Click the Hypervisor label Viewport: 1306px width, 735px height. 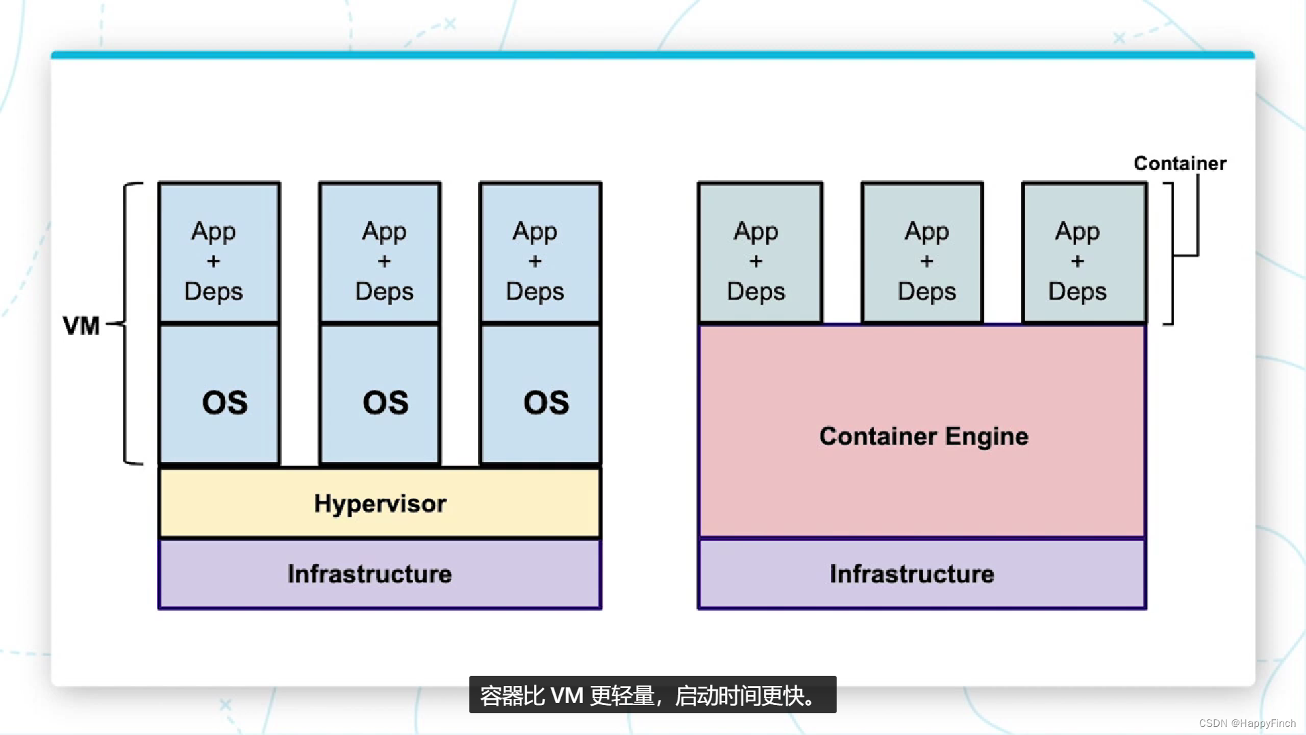(380, 504)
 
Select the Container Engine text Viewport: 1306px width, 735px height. (924, 436)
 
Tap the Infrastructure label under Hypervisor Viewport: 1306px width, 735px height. (369, 574)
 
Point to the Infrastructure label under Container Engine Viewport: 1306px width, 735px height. (911, 574)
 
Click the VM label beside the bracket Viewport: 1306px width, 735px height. (81, 326)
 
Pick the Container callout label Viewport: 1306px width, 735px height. (1180, 163)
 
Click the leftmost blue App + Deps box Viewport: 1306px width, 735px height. (219, 252)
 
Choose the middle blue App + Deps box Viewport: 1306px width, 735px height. (380, 252)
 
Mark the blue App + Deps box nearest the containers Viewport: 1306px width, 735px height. (540, 252)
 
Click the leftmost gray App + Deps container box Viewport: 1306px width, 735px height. (760, 252)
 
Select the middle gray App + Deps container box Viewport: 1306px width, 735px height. (922, 252)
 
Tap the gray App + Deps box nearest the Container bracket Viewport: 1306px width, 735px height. (1084, 252)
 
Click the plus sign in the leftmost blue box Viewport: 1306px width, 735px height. (214, 261)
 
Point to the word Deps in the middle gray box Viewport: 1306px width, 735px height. (926, 291)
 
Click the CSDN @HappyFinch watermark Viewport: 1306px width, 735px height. (1247, 723)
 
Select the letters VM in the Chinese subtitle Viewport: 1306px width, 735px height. (567, 696)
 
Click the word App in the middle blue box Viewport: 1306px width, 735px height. (384, 232)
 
